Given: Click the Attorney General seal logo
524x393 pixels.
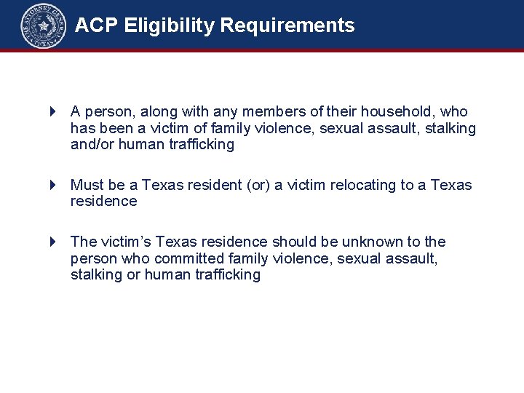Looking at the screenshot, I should pyautogui.click(x=43, y=26).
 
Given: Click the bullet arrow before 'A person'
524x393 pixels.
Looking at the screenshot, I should pyautogui.click(x=52, y=112).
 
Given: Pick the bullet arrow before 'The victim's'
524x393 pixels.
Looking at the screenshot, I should pyautogui.click(x=52, y=242).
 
